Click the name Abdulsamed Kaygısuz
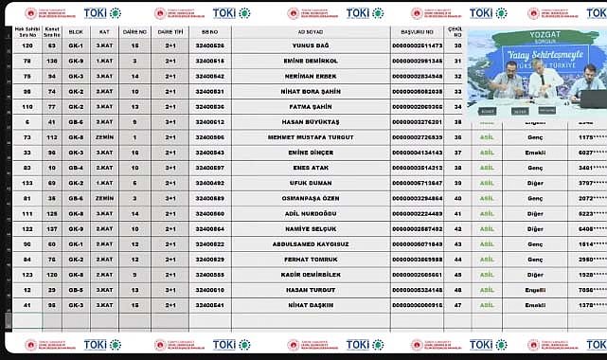click(x=313, y=243)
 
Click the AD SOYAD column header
click(x=313, y=30)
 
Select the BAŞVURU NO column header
click(x=417, y=30)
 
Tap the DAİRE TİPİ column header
click(x=170, y=30)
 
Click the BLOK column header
click(x=76, y=30)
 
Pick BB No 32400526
click(x=210, y=45)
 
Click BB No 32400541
click(x=210, y=305)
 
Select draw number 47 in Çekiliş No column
click(x=458, y=305)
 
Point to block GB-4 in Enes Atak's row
click(x=76, y=168)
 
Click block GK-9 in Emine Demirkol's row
click(x=76, y=61)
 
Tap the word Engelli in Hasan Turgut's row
click(x=535, y=290)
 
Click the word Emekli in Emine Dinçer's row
click(x=535, y=153)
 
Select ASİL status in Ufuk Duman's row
click(x=488, y=183)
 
